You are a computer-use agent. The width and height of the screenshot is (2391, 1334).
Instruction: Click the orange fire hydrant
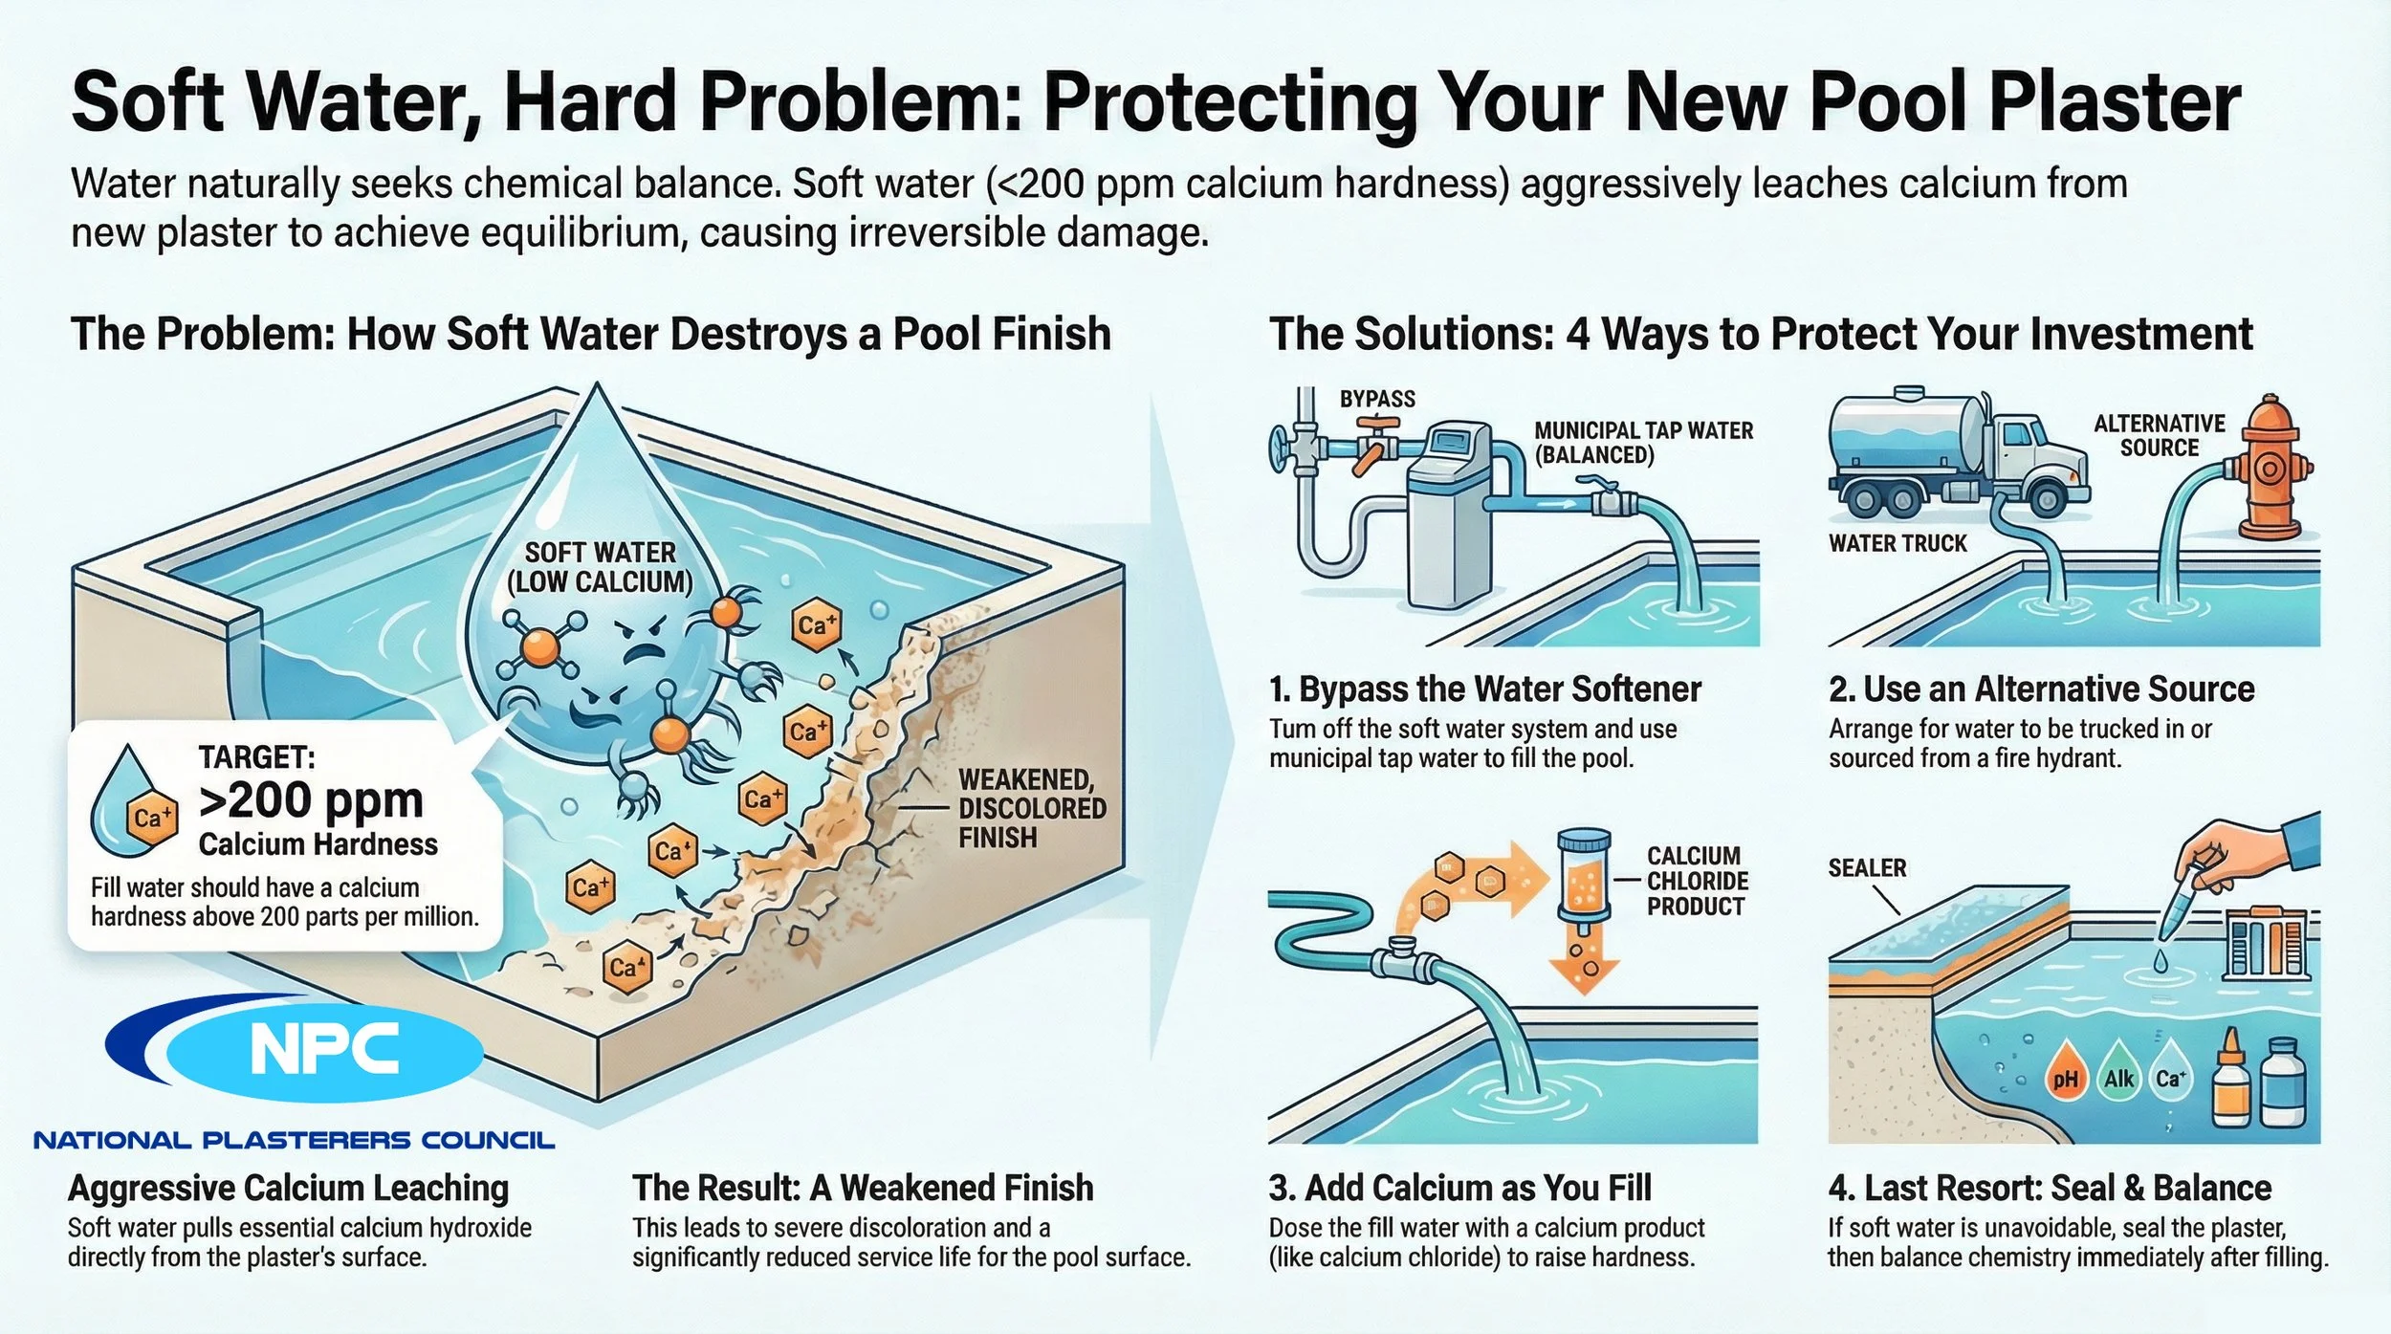(x=2269, y=469)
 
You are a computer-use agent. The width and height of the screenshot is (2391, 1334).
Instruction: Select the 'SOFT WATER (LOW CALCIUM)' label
(x=600, y=567)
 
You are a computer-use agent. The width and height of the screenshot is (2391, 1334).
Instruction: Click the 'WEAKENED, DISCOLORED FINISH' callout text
(x=1031, y=808)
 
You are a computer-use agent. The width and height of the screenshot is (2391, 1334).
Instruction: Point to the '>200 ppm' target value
(x=311, y=800)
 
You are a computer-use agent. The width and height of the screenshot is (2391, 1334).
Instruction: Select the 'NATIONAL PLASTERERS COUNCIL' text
(x=294, y=1140)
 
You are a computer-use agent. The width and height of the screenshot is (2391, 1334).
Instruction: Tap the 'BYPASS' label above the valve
(x=1377, y=399)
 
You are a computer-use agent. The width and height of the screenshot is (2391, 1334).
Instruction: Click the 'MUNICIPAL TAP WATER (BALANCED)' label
(x=1643, y=443)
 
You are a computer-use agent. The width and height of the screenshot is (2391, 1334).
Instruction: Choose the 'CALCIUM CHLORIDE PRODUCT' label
(x=1697, y=881)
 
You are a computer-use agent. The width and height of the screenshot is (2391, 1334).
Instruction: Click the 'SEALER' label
(x=1867, y=867)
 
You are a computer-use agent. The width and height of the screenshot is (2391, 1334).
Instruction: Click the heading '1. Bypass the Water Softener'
(x=1484, y=689)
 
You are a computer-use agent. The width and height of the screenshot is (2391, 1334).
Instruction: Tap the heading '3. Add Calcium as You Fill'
(x=1459, y=1188)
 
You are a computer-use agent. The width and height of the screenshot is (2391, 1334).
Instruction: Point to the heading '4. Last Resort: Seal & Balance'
(x=2050, y=1188)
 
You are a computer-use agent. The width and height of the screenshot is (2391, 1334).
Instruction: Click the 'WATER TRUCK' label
(x=1897, y=543)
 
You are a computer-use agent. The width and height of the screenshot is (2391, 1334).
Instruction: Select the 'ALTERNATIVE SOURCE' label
(x=2160, y=435)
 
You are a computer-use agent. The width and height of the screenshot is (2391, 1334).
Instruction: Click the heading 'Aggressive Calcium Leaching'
(x=288, y=1188)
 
